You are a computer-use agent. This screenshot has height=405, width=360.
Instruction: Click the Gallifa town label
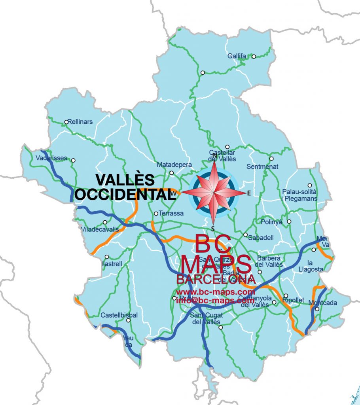237,56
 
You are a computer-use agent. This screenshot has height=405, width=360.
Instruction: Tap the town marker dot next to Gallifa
254,56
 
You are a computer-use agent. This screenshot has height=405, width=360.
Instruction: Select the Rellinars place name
80,122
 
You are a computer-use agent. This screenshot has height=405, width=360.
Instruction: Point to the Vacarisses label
51,157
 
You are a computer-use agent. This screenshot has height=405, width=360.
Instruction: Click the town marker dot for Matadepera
171,173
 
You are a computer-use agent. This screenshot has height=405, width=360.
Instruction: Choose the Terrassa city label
171,213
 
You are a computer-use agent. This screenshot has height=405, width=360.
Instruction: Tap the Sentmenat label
260,167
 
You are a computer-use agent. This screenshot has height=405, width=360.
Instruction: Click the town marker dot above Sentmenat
271,159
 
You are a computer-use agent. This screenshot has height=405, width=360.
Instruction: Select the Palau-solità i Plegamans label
300,195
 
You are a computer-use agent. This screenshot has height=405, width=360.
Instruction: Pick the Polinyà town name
271,222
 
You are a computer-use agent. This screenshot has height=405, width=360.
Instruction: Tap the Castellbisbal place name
119,315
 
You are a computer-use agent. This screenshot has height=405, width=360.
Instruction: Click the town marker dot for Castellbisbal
128,320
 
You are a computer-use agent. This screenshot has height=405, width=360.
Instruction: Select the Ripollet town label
293,300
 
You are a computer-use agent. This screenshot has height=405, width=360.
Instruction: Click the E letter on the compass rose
249,193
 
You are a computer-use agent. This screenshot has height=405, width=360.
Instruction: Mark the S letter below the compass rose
213,228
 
